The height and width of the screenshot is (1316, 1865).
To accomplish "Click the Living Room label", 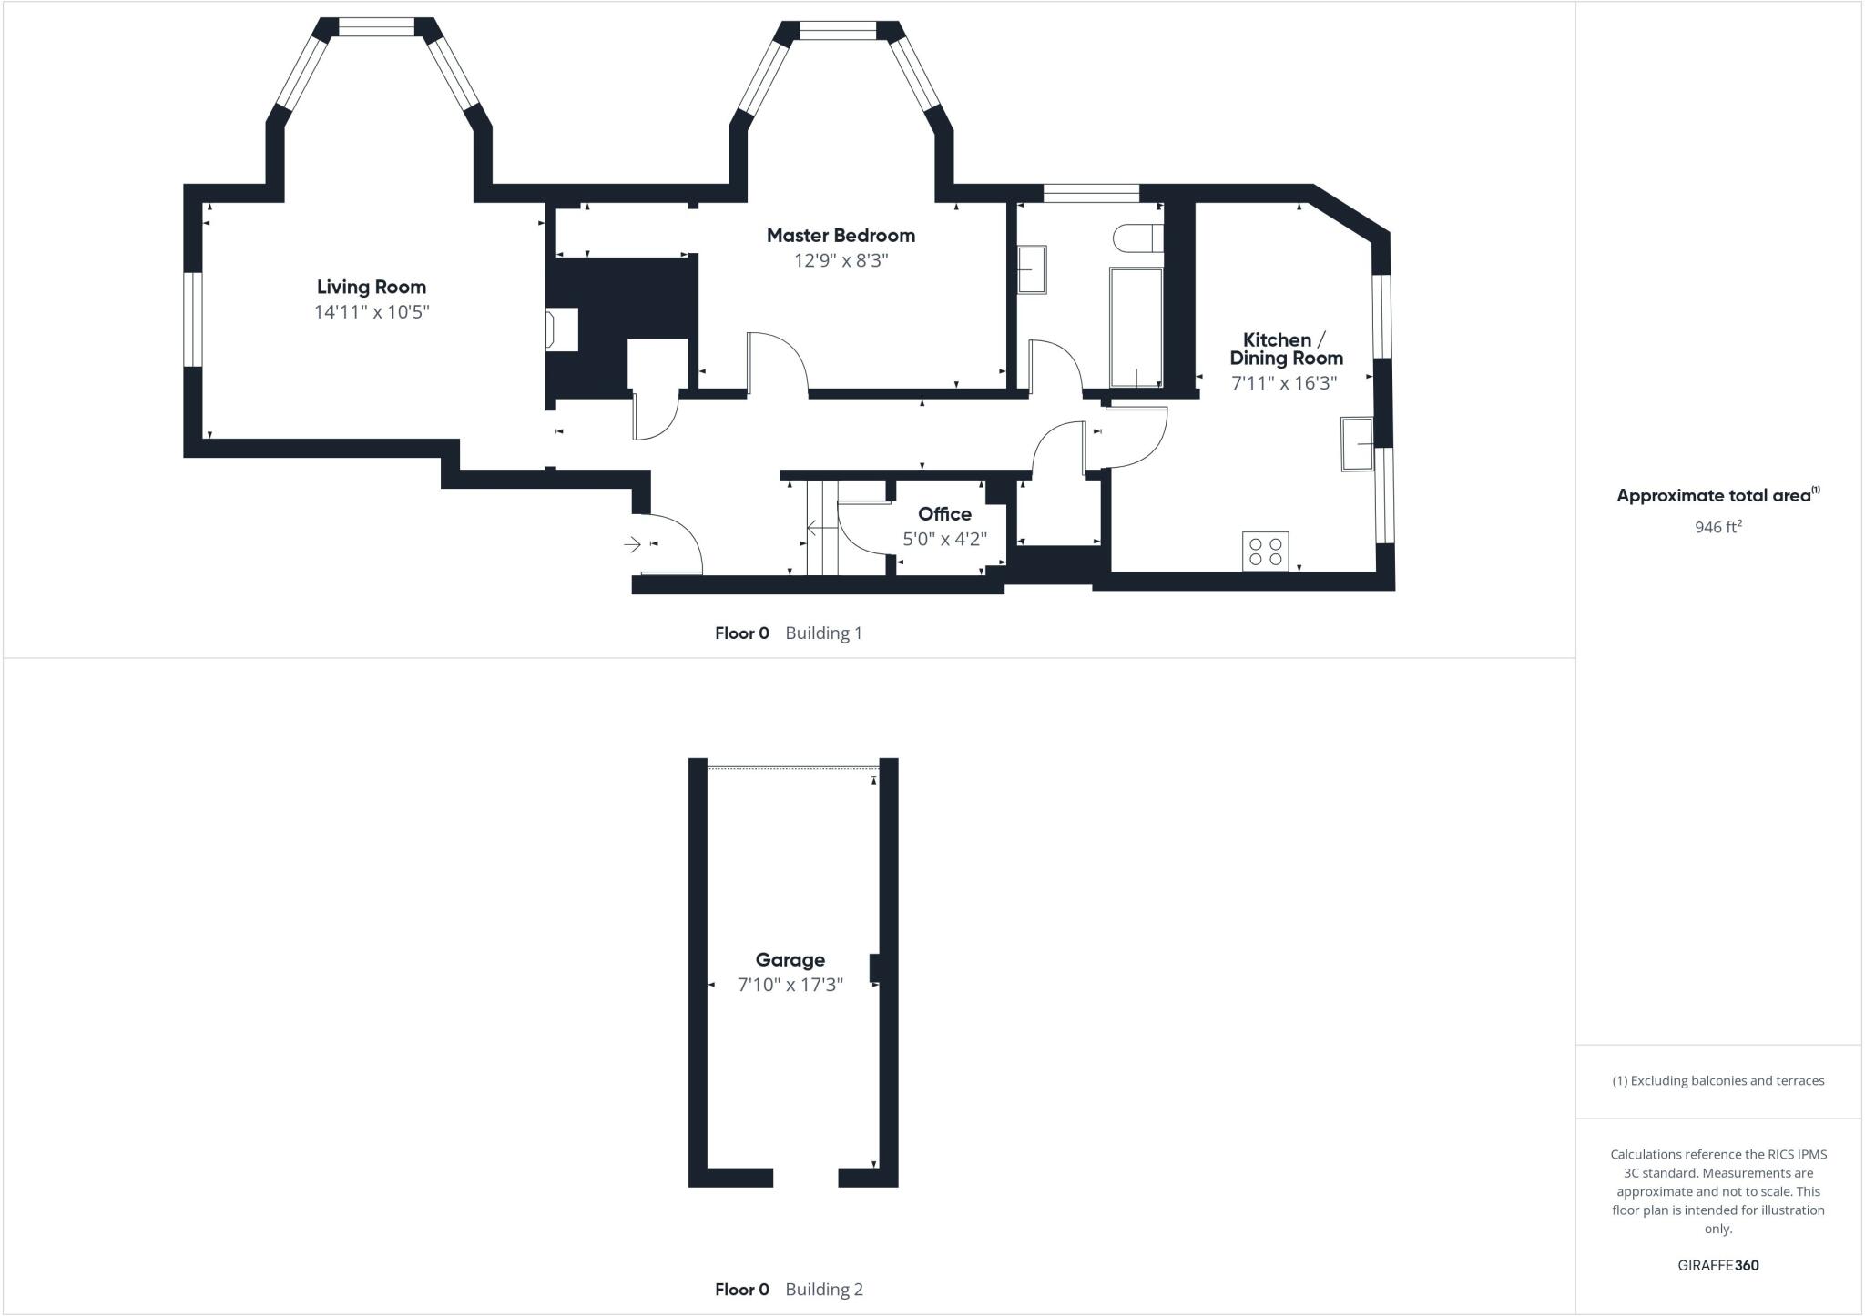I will (371, 287).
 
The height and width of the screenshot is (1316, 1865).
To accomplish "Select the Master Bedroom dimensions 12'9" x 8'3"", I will (841, 260).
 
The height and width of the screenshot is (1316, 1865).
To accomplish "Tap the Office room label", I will (944, 513).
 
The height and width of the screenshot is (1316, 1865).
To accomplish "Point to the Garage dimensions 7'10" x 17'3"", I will (790, 984).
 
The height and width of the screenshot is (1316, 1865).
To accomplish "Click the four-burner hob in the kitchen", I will (1265, 551).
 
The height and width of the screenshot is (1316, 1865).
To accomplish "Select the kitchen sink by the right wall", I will (1357, 444).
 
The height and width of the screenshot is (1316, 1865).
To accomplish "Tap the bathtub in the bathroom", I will (1136, 326).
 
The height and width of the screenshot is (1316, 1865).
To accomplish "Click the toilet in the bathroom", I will (1136, 238).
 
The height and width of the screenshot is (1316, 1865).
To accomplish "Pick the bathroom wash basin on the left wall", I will (1031, 269).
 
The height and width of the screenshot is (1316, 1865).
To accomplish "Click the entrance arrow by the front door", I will (632, 544).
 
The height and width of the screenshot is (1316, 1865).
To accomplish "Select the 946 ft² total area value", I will (1717, 527).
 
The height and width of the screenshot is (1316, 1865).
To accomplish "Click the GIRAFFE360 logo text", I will (1717, 1265).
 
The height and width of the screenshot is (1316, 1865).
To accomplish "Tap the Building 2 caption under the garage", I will (823, 1289).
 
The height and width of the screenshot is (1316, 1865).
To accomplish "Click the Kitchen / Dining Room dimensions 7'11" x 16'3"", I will (1284, 383).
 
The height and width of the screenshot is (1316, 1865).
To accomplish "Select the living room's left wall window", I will (192, 319).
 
